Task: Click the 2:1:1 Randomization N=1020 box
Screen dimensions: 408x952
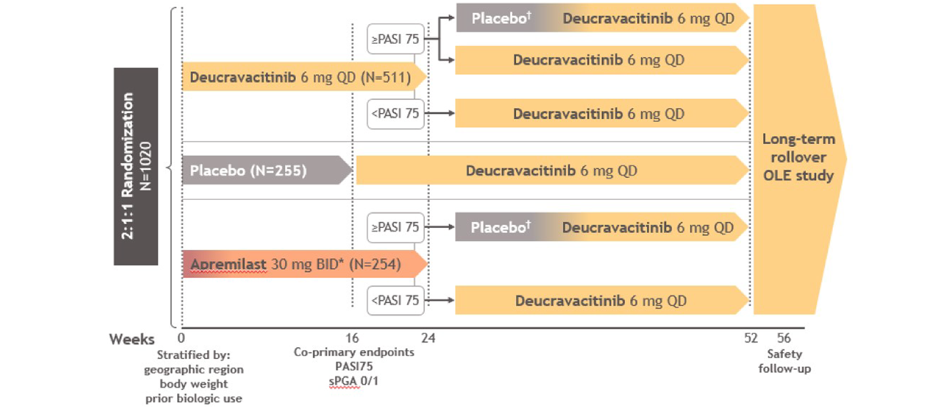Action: pyautogui.click(x=136, y=166)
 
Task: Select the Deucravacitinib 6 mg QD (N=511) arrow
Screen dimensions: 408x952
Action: pyautogui.click(x=301, y=77)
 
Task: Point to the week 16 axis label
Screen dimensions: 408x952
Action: pyautogui.click(x=352, y=338)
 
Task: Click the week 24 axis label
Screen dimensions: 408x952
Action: pyautogui.click(x=428, y=338)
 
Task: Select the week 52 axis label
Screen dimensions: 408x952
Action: pyautogui.click(x=751, y=338)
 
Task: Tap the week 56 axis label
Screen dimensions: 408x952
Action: pyautogui.click(x=783, y=338)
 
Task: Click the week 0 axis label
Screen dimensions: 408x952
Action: pyautogui.click(x=181, y=338)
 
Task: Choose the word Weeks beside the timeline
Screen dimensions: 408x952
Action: pyautogui.click(x=132, y=339)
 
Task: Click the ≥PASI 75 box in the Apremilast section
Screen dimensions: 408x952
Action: pyautogui.click(x=395, y=227)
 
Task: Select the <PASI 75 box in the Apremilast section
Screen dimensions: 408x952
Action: pyautogui.click(x=395, y=300)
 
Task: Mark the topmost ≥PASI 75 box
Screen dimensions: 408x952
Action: pyautogui.click(x=395, y=39)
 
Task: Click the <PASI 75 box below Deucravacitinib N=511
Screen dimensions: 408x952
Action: pyautogui.click(x=395, y=113)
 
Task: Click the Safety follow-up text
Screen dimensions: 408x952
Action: pyautogui.click(x=784, y=361)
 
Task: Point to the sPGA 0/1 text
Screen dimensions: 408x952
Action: pyautogui.click(x=353, y=381)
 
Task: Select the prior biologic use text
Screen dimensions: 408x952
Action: pyautogui.click(x=194, y=399)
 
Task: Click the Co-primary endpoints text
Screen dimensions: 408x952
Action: pyautogui.click(x=354, y=352)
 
